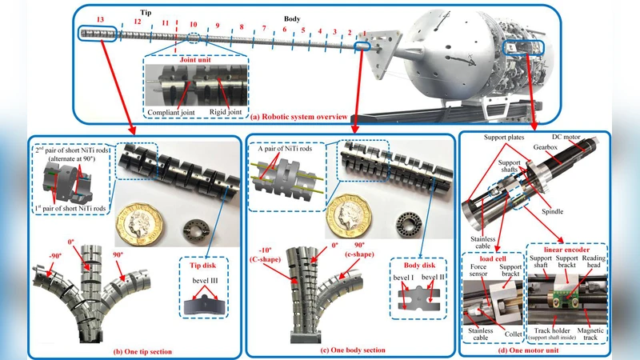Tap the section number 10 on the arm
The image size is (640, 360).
point(193,25)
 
